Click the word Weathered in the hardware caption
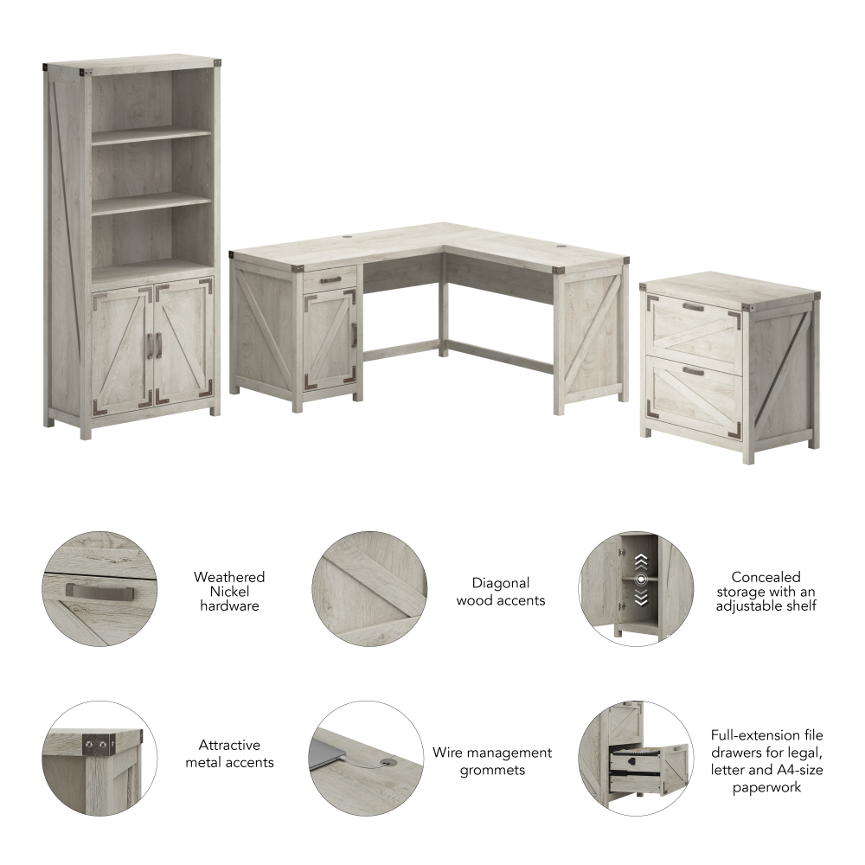tap(229, 577)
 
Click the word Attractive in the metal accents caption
tap(229, 745)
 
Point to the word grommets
tap(491, 770)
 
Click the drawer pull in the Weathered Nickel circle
tap(100, 591)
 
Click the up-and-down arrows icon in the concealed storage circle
tap(640, 579)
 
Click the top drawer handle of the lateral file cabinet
tap(693, 306)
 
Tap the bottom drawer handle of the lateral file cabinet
tap(692, 370)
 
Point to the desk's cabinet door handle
tap(354, 332)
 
